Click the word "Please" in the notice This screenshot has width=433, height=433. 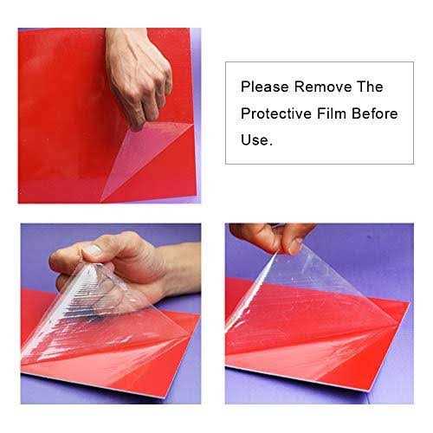point(262,87)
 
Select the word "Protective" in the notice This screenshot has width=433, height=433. point(275,113)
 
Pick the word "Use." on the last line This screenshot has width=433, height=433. point(256,139)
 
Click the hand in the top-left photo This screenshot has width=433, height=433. point(143,78)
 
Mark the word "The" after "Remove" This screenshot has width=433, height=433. point(368,87)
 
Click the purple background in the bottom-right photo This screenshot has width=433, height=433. point(381,260)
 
